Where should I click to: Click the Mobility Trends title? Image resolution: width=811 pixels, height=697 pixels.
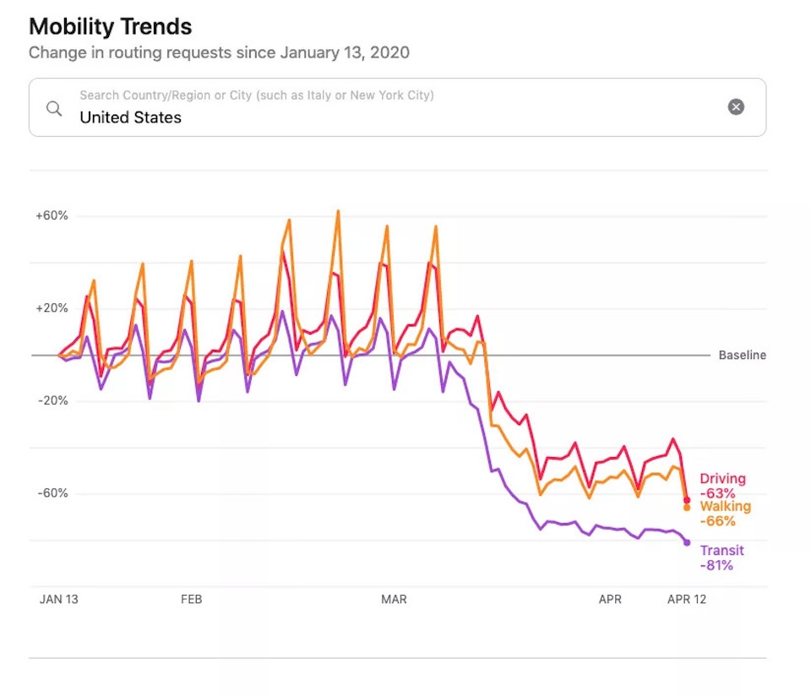click(x=110, y=27)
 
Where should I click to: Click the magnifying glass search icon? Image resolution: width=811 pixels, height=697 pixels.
click(x=54, y=109)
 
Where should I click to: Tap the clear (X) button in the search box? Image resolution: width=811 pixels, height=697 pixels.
click(x=736, y=107)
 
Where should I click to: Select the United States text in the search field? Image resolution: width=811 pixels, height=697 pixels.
click(x=130, y=117)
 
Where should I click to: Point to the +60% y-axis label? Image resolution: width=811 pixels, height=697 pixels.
click(x=52, y=215)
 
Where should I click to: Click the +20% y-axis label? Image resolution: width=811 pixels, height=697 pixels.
click(x=52, y=308)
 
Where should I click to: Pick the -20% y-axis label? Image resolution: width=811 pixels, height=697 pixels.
click(x=52, y=400)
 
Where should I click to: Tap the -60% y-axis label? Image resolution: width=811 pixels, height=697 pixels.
click(x=52, y=493)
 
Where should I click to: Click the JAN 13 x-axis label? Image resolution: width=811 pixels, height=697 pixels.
click(x=59, y=599)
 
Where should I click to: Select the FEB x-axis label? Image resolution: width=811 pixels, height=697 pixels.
click(x=192, y=599)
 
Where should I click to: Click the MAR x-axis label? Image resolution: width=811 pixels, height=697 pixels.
click(x=394, y=599)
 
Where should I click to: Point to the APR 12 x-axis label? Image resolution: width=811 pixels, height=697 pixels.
click(x=686, y=599)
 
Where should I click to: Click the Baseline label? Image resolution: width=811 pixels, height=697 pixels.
click(x=743, y=355)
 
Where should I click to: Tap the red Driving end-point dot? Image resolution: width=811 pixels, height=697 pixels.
click(x=687, y=500)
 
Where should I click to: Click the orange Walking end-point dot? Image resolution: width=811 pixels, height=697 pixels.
click(x=687, y=508)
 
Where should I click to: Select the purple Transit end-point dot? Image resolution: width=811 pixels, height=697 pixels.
click(x=687, y=542)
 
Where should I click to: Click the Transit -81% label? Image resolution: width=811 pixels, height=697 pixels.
click(x=722, y=558)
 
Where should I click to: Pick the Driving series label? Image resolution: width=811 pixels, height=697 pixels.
click(x=722, y=479)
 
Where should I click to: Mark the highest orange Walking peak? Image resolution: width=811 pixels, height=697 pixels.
click(x=338, y=211)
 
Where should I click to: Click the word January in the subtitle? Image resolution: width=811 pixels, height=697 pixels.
click(x=309, y=52)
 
